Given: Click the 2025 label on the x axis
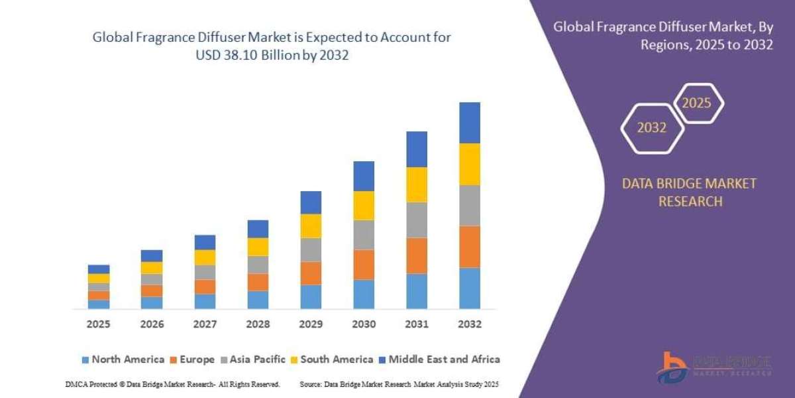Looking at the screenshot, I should [x=98, y=324].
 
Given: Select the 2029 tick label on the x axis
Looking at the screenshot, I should [x=311, y=324].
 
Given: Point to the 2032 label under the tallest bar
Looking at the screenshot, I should [x=469, y=324].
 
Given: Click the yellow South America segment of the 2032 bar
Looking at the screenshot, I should [x=469, y=164].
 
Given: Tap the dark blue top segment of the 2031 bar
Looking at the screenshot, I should [x=417, y=149].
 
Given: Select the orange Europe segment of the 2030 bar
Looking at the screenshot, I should [x=364, y=265].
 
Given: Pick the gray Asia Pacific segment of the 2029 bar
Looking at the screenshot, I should [x=311, y=249].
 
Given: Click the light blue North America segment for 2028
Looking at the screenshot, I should [x=258, y=300].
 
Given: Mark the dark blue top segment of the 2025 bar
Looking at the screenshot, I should [x=99, y=269].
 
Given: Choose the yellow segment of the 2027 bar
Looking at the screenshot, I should [x=205, y=257].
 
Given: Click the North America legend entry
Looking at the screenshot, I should [x=123, y=360].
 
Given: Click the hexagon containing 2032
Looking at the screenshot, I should [x=652, y=128].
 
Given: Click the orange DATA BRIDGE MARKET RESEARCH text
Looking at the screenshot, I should [x=689, y=192].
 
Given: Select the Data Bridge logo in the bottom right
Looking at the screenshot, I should [x=714, y=367].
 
